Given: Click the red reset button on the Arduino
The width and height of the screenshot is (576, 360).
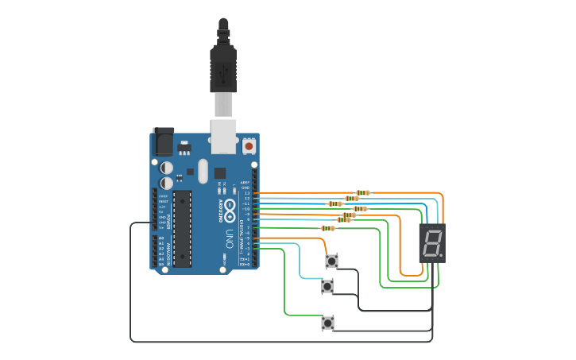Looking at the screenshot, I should coord(249,146).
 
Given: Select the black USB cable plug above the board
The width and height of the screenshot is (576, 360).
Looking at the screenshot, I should coord(223,68).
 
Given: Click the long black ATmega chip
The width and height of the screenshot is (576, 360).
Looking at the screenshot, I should coord(182,227).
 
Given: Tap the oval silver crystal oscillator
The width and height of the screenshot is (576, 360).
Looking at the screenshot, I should coord(202,171).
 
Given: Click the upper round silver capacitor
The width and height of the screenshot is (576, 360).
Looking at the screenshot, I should coord(167,168).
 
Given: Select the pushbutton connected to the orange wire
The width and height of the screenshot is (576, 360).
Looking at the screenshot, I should coord(331,261).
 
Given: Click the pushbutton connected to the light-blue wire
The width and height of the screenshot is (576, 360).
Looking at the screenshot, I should coord(327,286).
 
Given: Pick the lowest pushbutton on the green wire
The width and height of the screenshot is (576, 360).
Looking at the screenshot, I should coord(327,323).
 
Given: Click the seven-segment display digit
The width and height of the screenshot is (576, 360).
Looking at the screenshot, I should coord(431,243).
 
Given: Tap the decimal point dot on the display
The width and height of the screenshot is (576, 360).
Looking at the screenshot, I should coord(441,256).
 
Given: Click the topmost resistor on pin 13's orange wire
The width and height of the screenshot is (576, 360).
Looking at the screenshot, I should coord(362,192).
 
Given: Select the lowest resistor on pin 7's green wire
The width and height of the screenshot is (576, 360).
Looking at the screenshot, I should coord(327,228).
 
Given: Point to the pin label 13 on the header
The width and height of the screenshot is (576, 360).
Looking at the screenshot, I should coord(246,193).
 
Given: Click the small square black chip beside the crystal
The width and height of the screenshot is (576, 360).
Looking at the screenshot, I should coord(220,172).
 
